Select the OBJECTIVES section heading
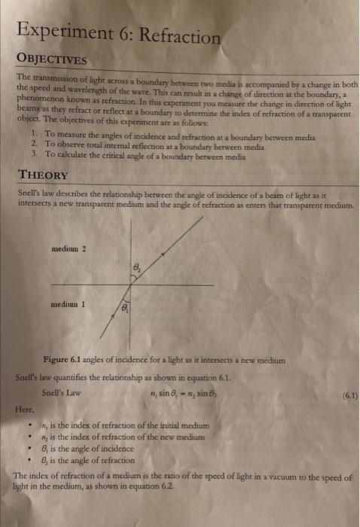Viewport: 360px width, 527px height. click(x=53, y=60)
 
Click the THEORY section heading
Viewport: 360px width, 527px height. click(x=44, y=174)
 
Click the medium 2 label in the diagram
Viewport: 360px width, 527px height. click(x=69, y=248)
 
